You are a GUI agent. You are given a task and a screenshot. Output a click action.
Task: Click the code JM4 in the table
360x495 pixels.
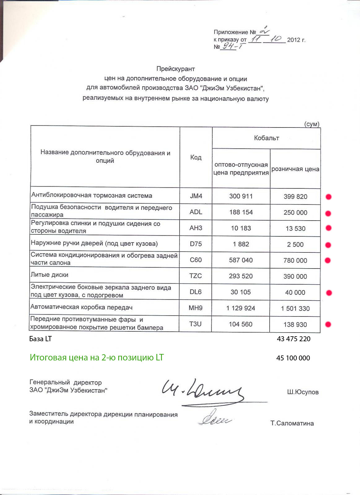[196, 196]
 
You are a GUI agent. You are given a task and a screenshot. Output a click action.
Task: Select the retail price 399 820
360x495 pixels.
[295, 197]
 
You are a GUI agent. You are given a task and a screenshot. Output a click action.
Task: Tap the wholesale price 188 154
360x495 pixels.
[241, 212]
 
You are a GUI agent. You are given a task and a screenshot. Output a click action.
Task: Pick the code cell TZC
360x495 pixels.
[196, 276]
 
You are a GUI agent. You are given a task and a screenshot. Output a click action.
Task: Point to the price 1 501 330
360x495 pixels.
[295, 308]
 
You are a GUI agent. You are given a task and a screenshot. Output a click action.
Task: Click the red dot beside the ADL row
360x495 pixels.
[328, 213]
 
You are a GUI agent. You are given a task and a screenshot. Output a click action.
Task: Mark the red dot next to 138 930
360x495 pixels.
[328, 324]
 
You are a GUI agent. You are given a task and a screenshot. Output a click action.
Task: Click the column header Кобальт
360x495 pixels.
[266, 138]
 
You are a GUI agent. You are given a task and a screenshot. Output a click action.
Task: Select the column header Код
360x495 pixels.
[196, 157]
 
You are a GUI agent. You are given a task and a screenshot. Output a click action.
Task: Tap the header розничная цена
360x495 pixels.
[295, 169]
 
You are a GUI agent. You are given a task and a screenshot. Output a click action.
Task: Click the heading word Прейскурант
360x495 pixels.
[176, 69]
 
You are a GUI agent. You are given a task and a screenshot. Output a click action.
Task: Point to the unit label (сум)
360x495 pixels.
[312, 124]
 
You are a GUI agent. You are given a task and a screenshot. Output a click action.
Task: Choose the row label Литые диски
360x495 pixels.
[50, 275]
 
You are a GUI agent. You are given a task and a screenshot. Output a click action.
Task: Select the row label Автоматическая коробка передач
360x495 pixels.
[81, 307]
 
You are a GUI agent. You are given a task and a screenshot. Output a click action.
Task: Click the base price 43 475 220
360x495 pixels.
[293, 339]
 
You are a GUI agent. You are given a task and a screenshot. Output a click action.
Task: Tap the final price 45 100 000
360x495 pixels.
[293, 358]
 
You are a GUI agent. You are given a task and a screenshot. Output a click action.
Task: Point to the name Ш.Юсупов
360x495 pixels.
[303, 392]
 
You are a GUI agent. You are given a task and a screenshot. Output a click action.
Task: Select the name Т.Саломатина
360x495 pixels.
[292, 424]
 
